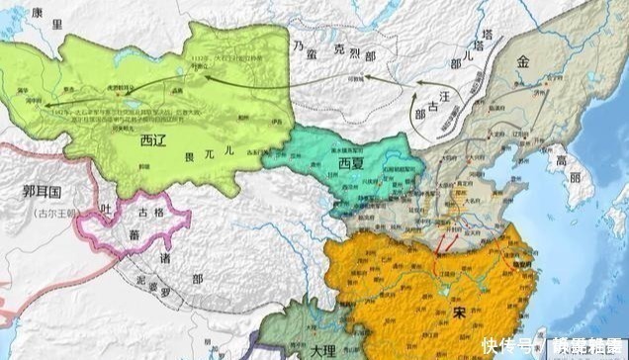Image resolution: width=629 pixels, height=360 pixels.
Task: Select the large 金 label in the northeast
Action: point(521,61)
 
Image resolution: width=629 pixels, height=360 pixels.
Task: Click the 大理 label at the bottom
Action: point(320,348)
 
